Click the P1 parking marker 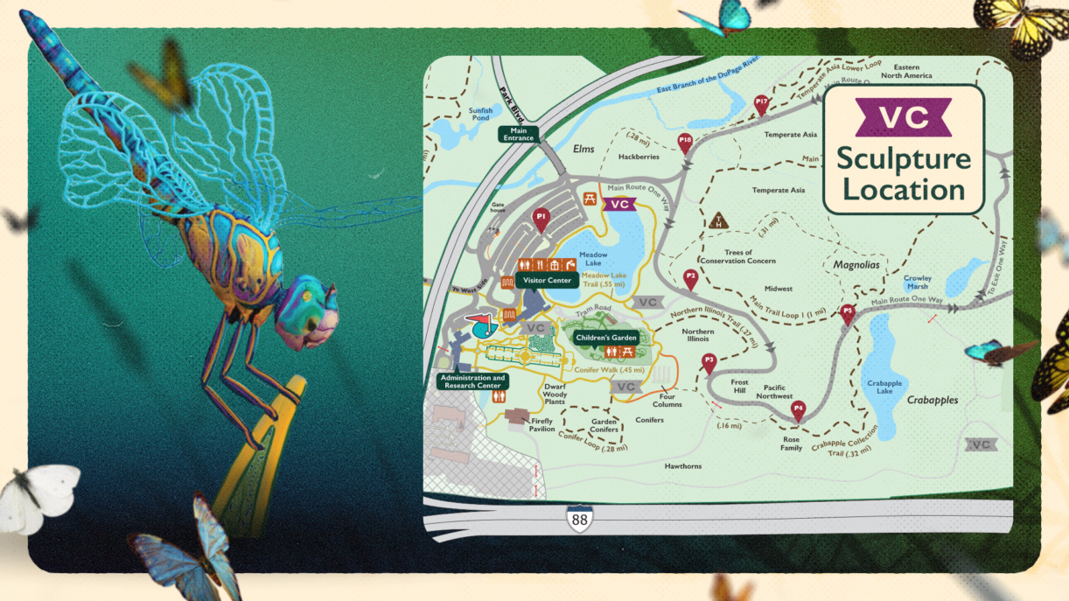click(x=541, y=218)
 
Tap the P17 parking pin click(x=761, y=104)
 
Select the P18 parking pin click(x=685, y=142)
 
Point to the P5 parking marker click(x=847, y=313)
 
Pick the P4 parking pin click(x=798, y=409)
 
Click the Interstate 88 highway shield click(x=579, y=519)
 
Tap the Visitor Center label click(x=547, y=281)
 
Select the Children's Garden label click(x=606, y=337)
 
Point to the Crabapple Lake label click(x=884, y=387)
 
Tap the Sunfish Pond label click(x=480, y=114)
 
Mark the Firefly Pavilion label click(x=542, y=424)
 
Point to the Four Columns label click(x=666, y=400)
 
